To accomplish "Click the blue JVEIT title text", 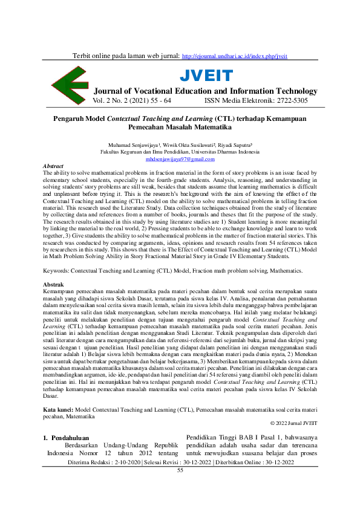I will tap(206, 76).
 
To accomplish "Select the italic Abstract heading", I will tap(54, 166).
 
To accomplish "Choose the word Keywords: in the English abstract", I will tap(59, 272).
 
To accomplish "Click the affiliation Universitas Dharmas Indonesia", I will tap(223, 152).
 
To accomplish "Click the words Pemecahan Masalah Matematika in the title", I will tap(180, 128).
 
